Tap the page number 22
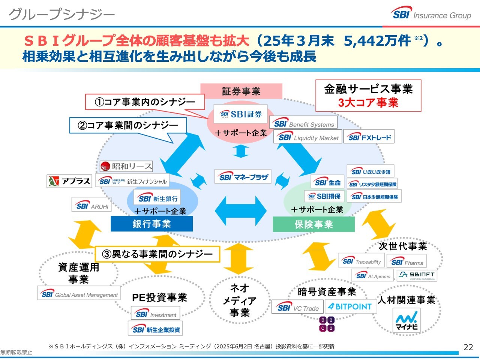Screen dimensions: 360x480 pyautogui.click(x=468, y=347)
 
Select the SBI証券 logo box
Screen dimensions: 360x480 pyautogui.click(x=241, y=114)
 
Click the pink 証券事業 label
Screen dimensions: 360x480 pyautogui.click(x=241, y=91)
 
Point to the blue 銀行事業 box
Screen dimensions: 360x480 pyautogui.click(x=151, y=224)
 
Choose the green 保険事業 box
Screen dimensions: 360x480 pyautogui.click(x=313, y=224)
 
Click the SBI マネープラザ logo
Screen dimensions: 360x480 pyautogui.click(x=243, y=177)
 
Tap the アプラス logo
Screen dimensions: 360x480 pyautogui.click(x=69, y=181)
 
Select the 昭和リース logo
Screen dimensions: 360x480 pyautogui.click(x=126, y=166)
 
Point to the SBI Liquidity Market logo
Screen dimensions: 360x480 pyautogui.click(x=308, y=137)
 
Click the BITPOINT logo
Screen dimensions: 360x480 pyautogui.click(x=350, y=306)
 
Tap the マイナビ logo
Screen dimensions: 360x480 pyautogui.click(x=406, y=321)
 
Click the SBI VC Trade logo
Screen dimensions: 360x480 pyautogui.click(x=298, y=308)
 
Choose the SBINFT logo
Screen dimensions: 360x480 pyautogui.click(x=417, y=275)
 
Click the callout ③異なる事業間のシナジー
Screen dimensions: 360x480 pyautogui.click(x=157, y=254)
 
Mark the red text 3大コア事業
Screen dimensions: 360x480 pyautogui.click(x=368, y=103)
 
